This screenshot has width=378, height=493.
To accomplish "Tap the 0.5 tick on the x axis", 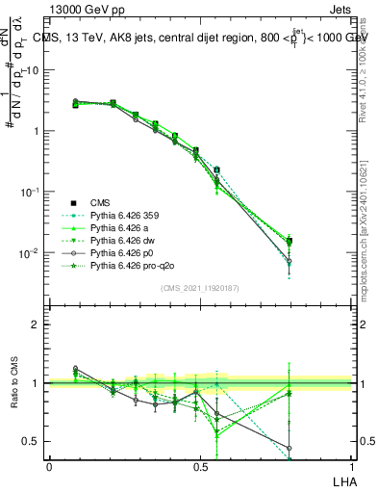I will click(x=199, y=467).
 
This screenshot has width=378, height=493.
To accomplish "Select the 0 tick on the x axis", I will click(x=49, y=467).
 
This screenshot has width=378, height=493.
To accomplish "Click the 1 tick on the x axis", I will click(x=350, y=467).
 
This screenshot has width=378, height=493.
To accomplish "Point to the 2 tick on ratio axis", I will click(x=36, y=324).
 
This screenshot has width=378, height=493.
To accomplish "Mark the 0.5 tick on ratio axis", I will click(x=33, y=441).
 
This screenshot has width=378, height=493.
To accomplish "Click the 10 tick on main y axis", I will click(x=32, y=70).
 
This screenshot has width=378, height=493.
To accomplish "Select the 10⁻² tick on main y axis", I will click(x=30, y=253).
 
